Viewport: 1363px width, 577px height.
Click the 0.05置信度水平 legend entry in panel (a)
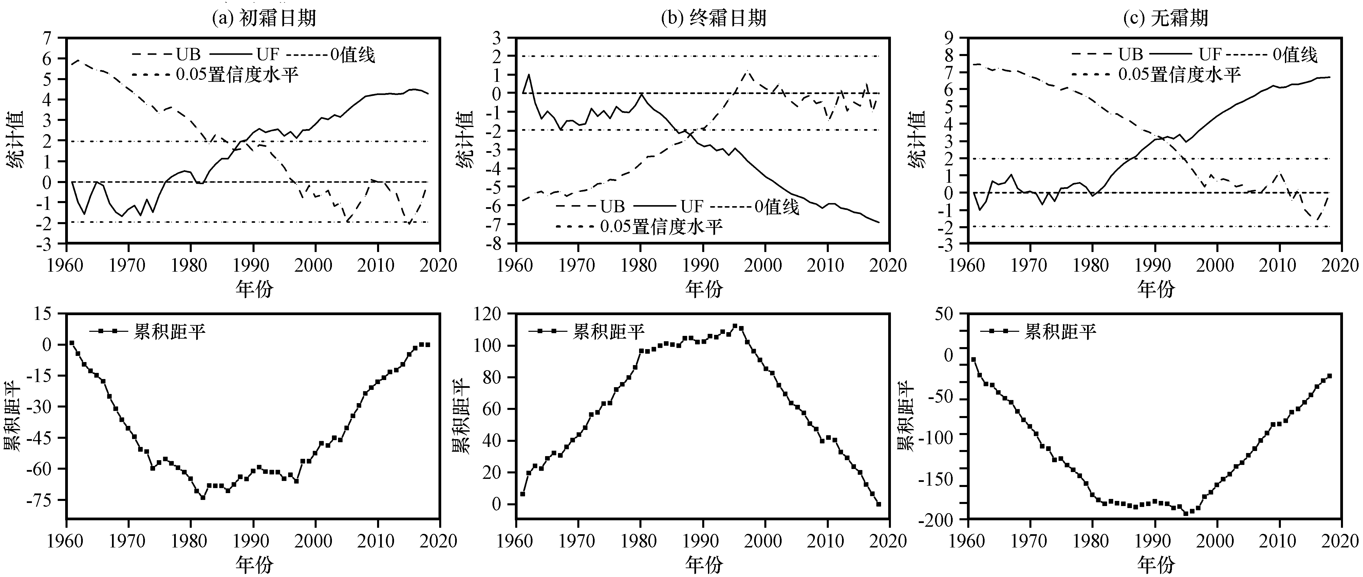coord(237,74)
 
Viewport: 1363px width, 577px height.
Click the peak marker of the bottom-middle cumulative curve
coord(734,326)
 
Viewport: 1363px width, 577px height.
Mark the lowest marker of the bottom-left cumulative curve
coord(203,498)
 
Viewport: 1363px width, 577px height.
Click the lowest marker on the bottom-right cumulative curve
coord(1186,513)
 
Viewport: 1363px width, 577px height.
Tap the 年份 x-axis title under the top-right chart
coord(1156,289)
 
